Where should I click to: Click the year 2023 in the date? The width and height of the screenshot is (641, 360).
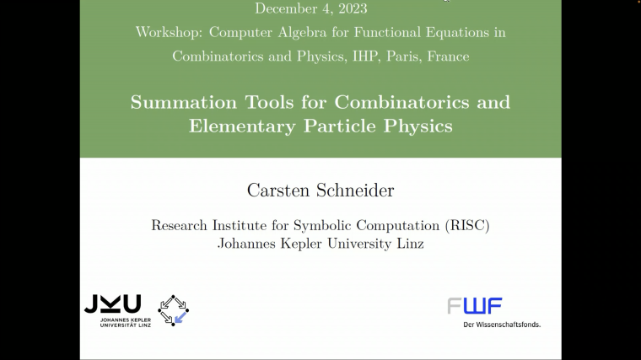350,9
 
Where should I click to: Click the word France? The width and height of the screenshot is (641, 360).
449,56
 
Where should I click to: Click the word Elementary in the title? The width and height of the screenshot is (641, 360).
242,126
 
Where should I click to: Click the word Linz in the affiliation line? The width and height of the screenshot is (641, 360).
408,244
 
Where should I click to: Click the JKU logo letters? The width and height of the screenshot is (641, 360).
112,304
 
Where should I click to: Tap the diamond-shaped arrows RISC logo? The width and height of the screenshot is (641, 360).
174,310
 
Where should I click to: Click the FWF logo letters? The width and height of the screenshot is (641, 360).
475,306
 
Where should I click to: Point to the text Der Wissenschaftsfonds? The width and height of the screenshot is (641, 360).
502,325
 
